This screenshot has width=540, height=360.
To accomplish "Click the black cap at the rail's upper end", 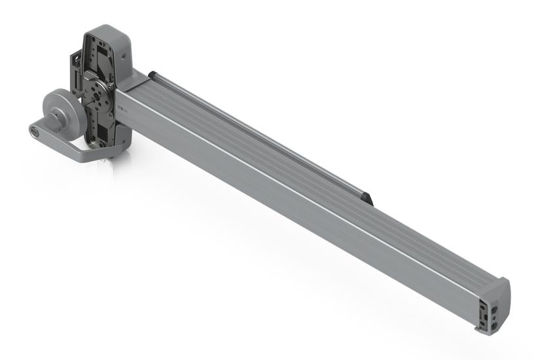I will pyautogui.click(x=153, y=75).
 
